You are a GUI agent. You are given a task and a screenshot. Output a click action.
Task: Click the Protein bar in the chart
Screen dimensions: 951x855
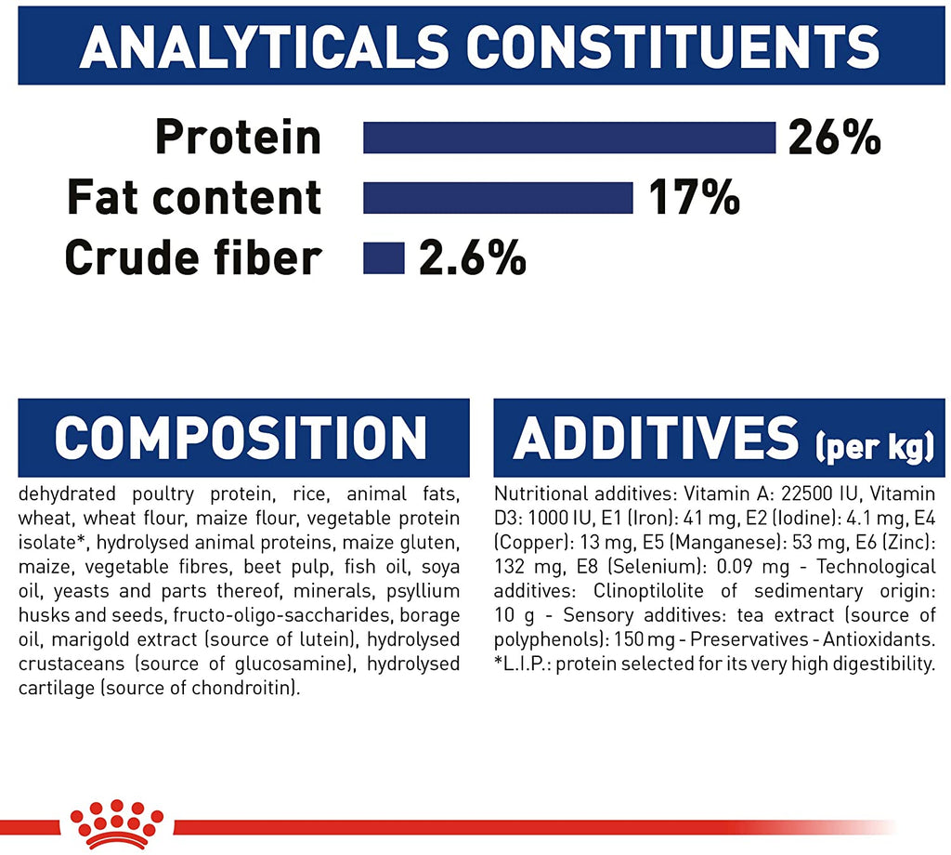point(569,138)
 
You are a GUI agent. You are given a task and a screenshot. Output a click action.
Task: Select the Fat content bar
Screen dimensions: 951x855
point(498,198)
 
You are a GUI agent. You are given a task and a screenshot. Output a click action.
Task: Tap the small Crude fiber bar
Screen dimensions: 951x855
point(384,258)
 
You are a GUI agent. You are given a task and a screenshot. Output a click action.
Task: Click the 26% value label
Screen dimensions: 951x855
point(835,138)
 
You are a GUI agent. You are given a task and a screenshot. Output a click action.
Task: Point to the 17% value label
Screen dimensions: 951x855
point(695,198)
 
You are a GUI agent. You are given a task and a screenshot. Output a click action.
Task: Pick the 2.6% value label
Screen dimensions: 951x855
point(473,258)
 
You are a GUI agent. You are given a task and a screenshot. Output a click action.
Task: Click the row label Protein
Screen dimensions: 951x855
point(238,138)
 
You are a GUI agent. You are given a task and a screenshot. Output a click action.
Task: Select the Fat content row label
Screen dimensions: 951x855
point(194,197)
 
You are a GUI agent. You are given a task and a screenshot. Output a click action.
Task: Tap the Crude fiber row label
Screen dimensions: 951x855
point(193,257)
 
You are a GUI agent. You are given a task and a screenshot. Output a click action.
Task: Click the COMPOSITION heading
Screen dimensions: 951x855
point(241,438)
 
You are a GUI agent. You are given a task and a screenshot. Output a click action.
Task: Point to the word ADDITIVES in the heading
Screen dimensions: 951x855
point(657,438)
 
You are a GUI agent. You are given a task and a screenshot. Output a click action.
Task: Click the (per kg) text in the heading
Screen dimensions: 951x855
point(875,447)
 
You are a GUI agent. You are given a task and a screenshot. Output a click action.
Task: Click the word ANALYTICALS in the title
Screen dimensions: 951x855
point(264,46)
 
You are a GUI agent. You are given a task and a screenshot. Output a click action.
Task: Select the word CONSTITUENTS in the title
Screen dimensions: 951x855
point(673,46)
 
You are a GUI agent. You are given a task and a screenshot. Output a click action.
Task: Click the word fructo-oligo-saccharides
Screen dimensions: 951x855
point(282,615)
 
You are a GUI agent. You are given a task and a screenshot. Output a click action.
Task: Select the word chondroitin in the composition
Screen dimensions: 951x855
point(245,688)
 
